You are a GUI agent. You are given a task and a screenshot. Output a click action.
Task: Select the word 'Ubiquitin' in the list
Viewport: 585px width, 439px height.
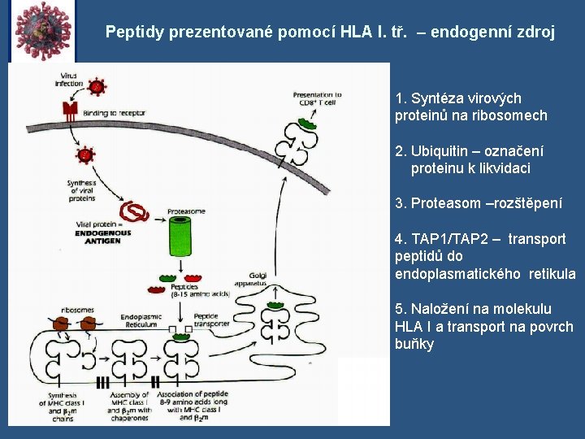(x=440, y=151)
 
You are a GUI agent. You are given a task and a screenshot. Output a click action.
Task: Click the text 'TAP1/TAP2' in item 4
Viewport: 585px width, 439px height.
(x=455, y=239)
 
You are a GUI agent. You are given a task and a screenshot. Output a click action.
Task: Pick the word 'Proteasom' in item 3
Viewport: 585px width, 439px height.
(x=445, y=203)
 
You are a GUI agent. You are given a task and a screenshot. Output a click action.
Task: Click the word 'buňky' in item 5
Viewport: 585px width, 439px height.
(x=414, y=344)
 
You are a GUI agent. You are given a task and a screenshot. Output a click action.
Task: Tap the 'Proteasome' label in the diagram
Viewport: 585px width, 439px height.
(x=186, y=211)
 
